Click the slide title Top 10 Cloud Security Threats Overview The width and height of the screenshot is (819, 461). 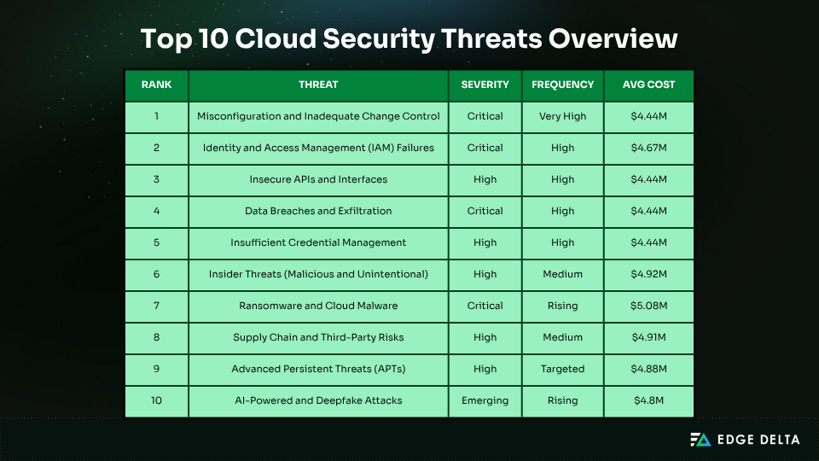pyautogui.click(x=409, y=39)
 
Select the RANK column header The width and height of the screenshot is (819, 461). pyautogui.click(x=156, y=85)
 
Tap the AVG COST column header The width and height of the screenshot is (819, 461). pyautogui.click(x=649, y=85)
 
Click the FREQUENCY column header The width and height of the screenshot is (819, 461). pyautogui.click(x=562, y=85)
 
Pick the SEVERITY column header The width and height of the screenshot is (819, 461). pyautogui.click(x=485, y=85)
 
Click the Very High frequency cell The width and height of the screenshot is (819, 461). pyautogui.click(x=562, y=116)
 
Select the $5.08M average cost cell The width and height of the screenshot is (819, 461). pyautogui.click(x=649, y=306)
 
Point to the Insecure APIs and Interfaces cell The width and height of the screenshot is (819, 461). pyautogui.click(x=318, y=179)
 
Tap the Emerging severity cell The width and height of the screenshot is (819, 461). pyautogui.click(x=485, y=400)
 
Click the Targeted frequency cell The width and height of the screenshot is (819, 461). pyautogui.click(x=562, y=369)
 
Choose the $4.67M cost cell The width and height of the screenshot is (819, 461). pyautogui.click(x=649, y=148)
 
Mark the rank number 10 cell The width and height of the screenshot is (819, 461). pyautogui.click(x=156, y=400)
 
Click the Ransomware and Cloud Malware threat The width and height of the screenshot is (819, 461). pyautogui.click(x=318, y=306)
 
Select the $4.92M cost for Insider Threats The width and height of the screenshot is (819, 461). pyautogui.click(x=649, y=274)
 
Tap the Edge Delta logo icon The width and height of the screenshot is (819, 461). pyautogui.click(x=700, y=440)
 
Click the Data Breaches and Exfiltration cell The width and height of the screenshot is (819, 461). pyautogui.click(x=318, y=211)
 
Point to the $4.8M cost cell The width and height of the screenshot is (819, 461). pyautogui.click(x=649, y=400)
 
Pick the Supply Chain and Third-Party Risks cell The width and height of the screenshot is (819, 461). pyautogui.click(x=318, y=337)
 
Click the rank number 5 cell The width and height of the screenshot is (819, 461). pyautogui.click(x=156, y=242)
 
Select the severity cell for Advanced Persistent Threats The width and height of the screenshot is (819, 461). pyautogui.click(x=485, y=369)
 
